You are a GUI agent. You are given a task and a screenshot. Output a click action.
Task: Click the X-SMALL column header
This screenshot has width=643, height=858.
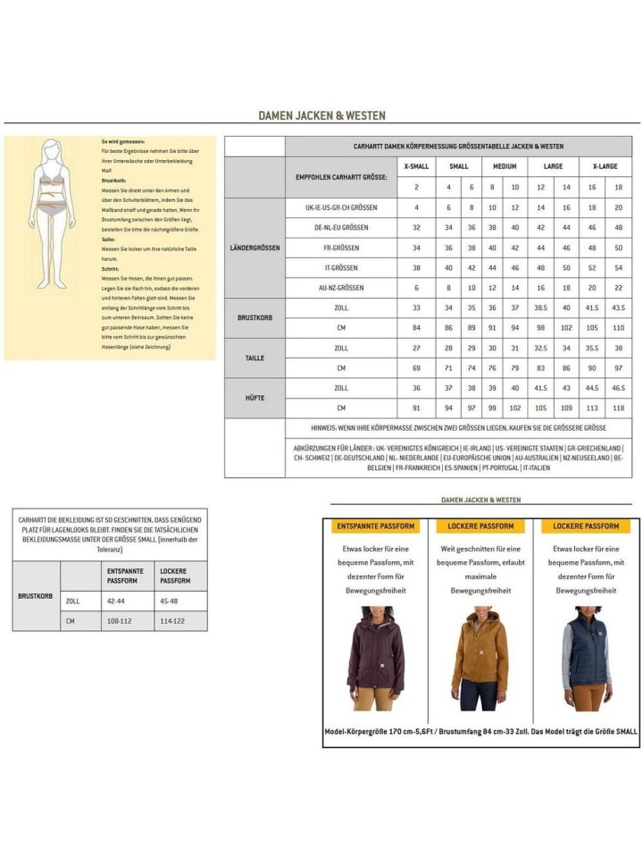[416, 166]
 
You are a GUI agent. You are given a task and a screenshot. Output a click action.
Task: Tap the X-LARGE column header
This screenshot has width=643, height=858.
[604, 166]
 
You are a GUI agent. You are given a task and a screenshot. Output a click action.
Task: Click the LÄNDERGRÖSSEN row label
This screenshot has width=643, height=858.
[255, 248]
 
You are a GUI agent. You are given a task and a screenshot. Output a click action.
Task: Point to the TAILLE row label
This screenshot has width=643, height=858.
[255, 357]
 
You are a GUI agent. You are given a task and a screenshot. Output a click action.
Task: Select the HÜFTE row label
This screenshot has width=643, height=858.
[255, 399]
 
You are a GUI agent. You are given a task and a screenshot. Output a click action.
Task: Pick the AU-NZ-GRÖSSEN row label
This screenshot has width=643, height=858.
[341, 288]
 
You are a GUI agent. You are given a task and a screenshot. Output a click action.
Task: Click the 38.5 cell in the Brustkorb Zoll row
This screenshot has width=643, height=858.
[540, 307]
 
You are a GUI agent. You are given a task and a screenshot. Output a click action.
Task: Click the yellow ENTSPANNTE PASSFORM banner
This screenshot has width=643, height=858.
[375, 526]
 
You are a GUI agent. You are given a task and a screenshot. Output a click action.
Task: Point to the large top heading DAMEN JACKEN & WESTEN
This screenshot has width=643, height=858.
[321, 115]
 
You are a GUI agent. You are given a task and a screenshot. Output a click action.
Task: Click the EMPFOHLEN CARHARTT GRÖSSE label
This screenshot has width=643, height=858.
[341, 177]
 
